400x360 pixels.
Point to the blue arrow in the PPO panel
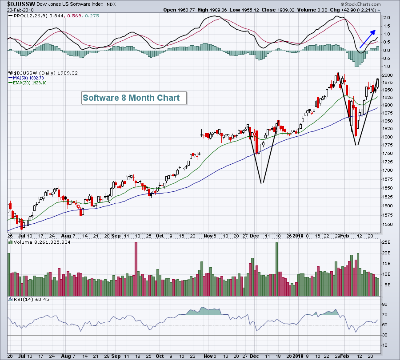pyautogui.click(x=367, y=38)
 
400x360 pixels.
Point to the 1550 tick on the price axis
pyautogui.click(x=387, y=225)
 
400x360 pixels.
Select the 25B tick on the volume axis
pyautogui.click(x=386, y=242)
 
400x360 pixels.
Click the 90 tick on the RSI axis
pyautogui.click(x=384, y=305)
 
